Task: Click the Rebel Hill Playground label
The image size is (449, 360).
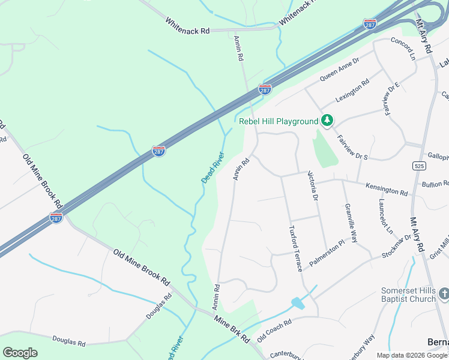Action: point(279,121)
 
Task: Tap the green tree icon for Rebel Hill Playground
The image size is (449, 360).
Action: point(327,121)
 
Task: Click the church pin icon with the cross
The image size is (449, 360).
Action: point(444,294)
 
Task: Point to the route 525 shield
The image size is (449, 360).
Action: point(419,165)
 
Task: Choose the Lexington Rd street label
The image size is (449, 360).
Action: point(353,92)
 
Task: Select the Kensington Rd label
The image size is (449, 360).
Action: point(387,190)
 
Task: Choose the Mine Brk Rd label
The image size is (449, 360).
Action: point(232,329)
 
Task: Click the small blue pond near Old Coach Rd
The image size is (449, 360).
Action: point(297,304)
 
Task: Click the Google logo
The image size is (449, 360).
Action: point(20,352)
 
